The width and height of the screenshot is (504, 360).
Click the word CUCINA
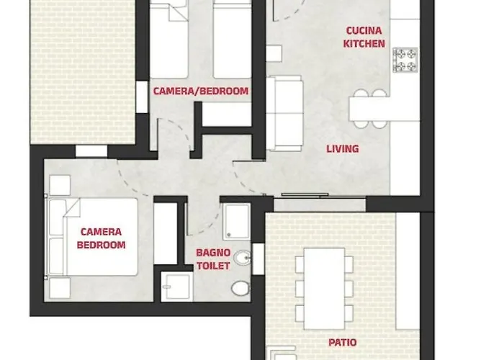364,31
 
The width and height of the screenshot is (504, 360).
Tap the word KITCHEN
364,43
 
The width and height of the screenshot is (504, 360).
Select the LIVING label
343,149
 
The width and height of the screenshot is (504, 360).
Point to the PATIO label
341,343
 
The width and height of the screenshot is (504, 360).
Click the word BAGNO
213,253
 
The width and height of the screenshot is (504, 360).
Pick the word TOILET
213,266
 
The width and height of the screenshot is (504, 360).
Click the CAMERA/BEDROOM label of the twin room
201,91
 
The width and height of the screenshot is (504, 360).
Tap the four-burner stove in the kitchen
405,60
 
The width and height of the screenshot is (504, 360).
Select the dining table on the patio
323,287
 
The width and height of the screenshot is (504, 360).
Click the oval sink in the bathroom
243,257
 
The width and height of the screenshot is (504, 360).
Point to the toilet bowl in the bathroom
240,287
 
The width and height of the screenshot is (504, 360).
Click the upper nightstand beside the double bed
59,185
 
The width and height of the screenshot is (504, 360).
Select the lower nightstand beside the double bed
59,288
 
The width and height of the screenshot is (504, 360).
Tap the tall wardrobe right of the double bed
166,234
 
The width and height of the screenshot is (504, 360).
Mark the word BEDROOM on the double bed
101,245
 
